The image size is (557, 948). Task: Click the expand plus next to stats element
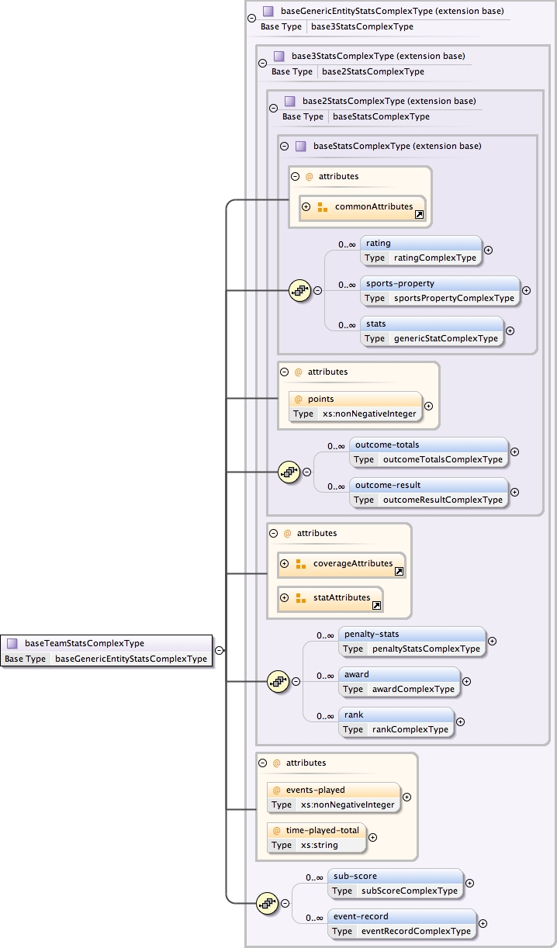point(510,330)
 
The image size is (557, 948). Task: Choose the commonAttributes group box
point(362,207)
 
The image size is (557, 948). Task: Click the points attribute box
point(355,406)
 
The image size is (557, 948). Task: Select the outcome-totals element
point(428,452)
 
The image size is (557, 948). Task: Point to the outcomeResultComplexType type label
point(442,500)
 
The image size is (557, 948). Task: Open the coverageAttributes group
point(341,564)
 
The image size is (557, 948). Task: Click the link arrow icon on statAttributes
point(376,605)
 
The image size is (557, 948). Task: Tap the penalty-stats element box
point(412,642)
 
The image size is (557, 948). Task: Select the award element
point(400,682)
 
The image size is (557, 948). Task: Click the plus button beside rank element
point(460,721)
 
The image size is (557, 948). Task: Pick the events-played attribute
point(334,797)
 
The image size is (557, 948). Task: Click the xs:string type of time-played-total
point(320,845)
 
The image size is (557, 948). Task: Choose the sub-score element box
point(394,883)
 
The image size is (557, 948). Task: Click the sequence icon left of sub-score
point(267,903)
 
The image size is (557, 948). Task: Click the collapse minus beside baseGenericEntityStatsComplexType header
point(251,19)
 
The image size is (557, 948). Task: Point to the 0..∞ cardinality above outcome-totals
point(336,446)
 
